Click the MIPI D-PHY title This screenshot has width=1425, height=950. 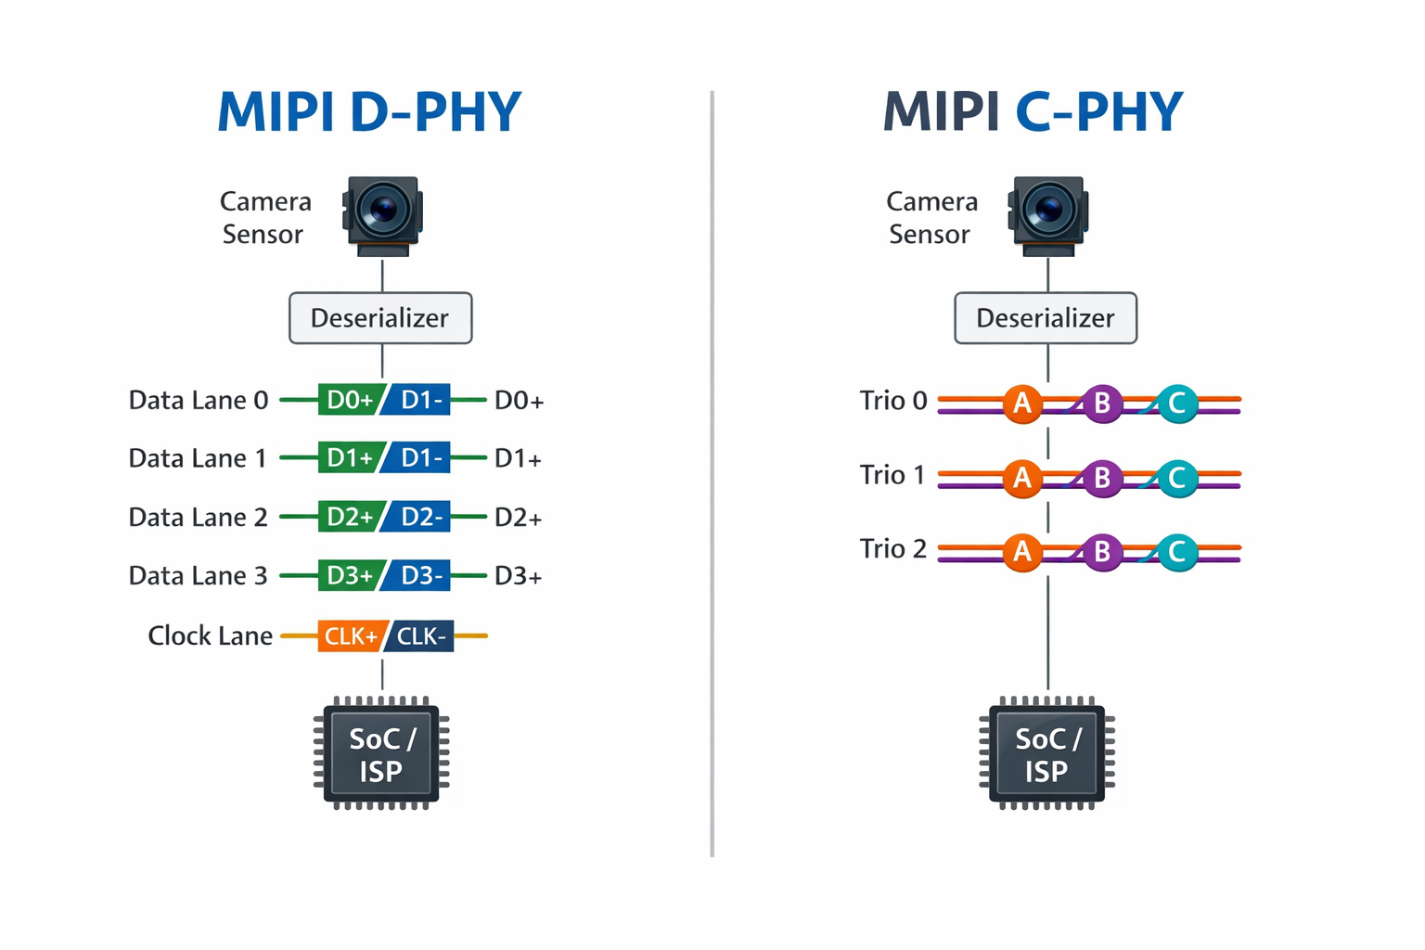pos(369,112)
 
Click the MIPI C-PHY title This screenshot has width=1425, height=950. pos(1033,112)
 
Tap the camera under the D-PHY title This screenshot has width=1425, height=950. pos(382,214)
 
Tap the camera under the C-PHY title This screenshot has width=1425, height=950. pos(1047,214)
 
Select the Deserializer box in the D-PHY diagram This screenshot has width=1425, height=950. pos(380,318)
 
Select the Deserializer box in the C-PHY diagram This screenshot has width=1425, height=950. pos(1046,318)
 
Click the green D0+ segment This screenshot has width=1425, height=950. pos(349,400)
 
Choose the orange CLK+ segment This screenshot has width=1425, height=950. pos(350,636)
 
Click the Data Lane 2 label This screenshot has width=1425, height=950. pos(198,518)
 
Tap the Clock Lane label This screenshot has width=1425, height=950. pos(210,636)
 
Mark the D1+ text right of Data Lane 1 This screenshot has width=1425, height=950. pos(518,459)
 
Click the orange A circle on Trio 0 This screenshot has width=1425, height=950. pos(1022,404)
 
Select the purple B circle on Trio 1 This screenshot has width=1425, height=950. pos(1102,478)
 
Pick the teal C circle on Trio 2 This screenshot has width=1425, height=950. pos(1177,552)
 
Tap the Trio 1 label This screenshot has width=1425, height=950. pos(892,475)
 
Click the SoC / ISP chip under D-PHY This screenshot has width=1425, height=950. pos(380,753)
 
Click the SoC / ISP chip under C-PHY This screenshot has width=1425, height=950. pos(1046,753)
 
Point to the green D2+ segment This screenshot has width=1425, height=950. pos(349,518)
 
